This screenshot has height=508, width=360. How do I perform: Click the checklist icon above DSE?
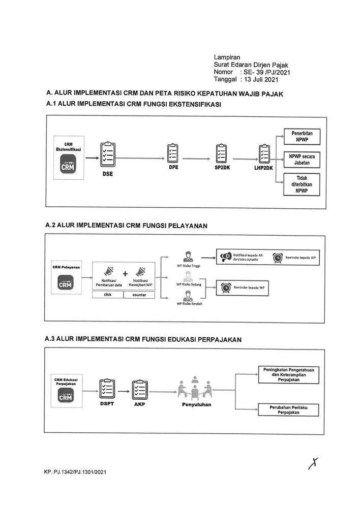[x=108, y=152]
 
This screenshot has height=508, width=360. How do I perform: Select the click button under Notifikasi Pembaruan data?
[x=108, y=295]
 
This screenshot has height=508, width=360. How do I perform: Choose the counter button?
[x=139, y=295]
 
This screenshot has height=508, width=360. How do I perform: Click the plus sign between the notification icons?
[x=125, y=273]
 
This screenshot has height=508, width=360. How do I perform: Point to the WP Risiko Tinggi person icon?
[x=187, y=256]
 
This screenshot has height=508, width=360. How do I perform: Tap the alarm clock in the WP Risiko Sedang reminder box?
[x=225, y=288]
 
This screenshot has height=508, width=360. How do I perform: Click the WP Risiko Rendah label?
[x=189, y=304]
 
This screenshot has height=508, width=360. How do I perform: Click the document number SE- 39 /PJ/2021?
[x=267, y=73]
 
